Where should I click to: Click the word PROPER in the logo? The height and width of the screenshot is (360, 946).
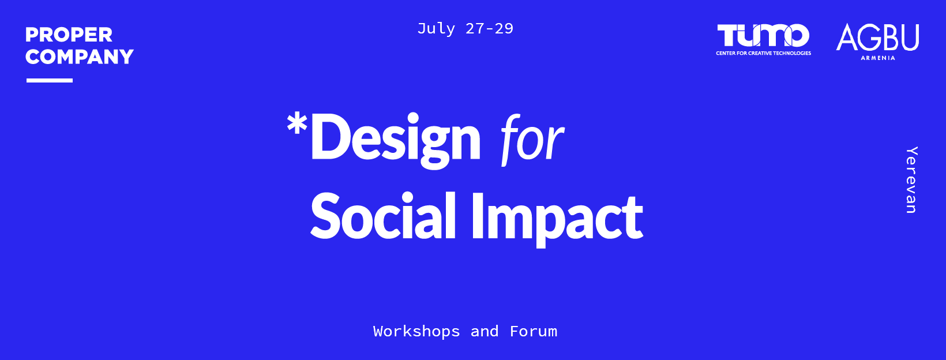click(69, 35)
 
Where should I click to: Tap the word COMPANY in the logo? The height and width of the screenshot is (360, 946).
click(80, 57)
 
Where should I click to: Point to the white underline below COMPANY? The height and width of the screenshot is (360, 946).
click(50, 80)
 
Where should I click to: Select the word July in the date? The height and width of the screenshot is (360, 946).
click(436, 29)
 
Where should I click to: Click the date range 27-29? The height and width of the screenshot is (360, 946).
click(490, 29)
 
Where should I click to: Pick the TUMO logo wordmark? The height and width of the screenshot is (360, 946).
click(763, 36)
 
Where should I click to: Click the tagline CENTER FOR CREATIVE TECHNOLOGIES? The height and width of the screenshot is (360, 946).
click(764, 53)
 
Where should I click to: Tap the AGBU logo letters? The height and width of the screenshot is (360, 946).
click(877, 37)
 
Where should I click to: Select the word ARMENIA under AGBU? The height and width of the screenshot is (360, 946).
click(878, 58)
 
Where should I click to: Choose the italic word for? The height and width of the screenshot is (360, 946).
click(532, 140)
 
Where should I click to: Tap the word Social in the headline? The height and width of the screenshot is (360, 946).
click(383, 216)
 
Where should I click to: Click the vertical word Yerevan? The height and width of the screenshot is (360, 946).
click(911, 180)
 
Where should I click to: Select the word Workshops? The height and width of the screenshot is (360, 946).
click(416, 331)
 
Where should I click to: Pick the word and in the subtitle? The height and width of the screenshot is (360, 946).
click(485, 331)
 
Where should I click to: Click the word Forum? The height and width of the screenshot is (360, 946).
click(534, 331)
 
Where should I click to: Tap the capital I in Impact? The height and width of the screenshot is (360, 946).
click(477, 216)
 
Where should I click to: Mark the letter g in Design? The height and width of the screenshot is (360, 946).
click(434, 145)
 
